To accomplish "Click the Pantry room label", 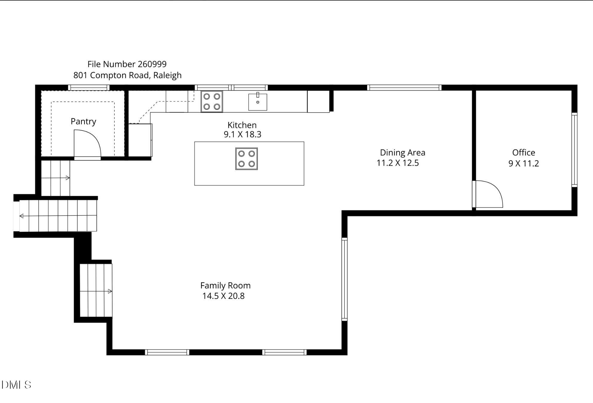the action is click(83, 121).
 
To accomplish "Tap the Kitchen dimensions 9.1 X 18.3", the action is click(243, 134).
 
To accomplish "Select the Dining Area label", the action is click(402, 153).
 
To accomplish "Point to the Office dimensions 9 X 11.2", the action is click(524, 163).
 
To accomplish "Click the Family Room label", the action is click(225, 285).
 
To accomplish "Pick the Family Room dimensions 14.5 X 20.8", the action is click(223, 296).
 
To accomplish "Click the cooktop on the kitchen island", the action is click(246, 159).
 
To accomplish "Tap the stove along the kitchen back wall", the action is click(212, 101).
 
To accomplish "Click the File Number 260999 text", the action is click(127, 64).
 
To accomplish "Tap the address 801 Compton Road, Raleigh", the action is click(128, 75).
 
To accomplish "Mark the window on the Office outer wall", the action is click(574, 150).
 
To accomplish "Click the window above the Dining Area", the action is click(404, 87).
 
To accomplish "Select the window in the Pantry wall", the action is click(89, 87).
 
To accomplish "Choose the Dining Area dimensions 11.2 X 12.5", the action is click(398, 163).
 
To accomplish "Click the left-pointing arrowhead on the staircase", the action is click(21, 216).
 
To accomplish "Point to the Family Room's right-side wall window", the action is click(344, 279).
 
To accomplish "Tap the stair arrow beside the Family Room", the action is click(96, 291).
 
